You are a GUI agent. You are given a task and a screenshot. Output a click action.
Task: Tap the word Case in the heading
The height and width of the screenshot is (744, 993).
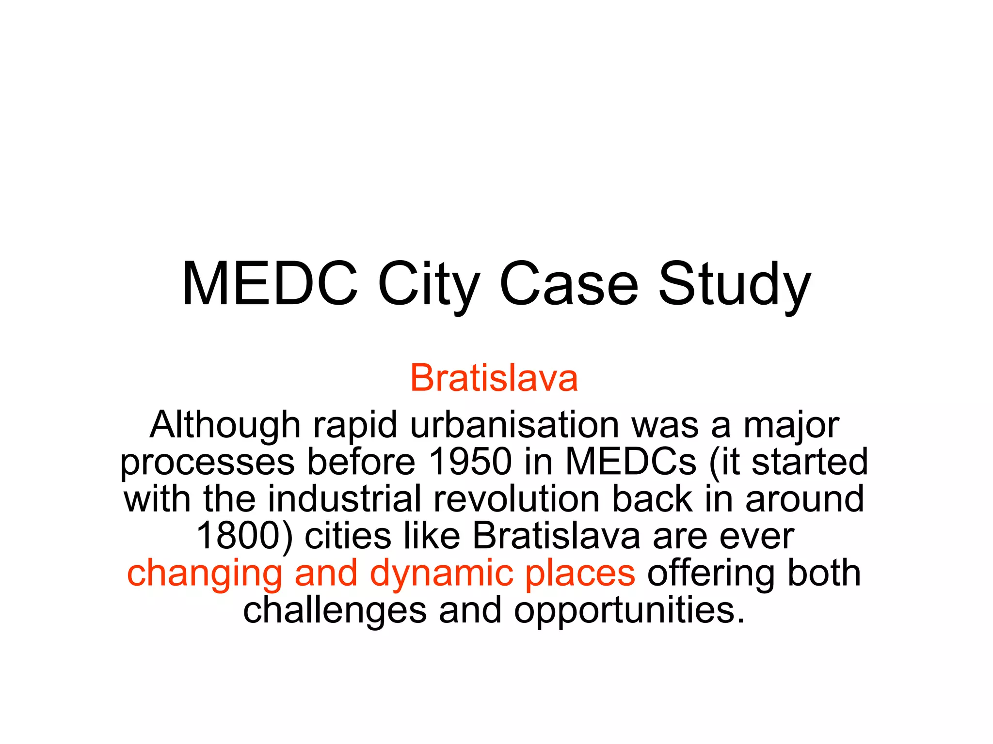tap(569, 285)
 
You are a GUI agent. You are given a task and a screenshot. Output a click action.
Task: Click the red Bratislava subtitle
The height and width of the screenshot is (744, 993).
tap(494, 378)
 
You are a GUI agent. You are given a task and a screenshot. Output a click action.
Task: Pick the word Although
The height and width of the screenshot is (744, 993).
tap(225, 425)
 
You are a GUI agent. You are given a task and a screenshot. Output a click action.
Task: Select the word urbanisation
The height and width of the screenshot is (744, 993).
tap(514, 425)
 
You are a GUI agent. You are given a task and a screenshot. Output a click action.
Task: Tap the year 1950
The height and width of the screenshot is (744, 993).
tap(470, 461)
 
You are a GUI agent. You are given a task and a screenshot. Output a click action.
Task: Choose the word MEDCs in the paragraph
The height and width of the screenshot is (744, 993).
tap(631, 461)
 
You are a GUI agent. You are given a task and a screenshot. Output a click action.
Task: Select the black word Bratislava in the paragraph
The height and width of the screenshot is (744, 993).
tap(556, 536)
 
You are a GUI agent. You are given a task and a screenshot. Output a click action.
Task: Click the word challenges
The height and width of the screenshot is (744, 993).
tap(335, 610)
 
